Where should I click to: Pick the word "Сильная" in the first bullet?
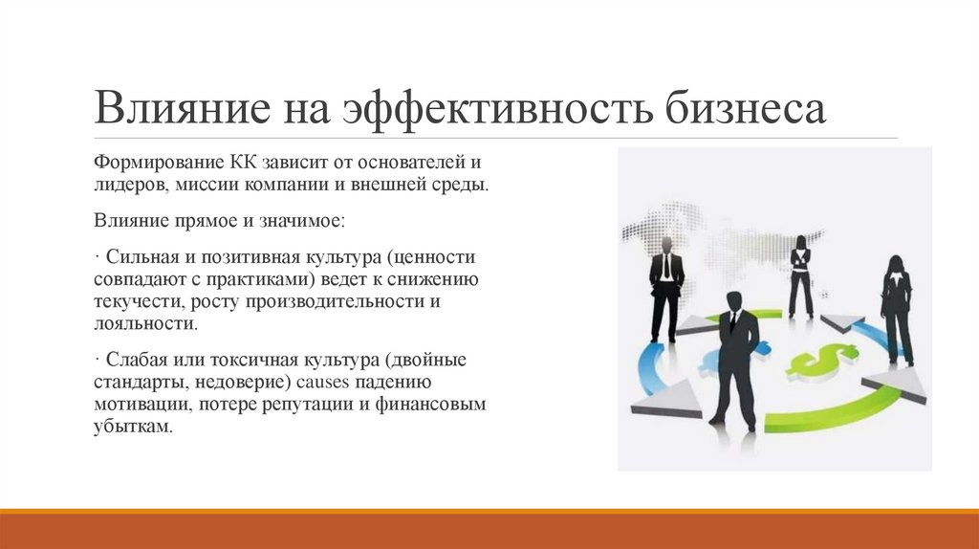[x=138, y=257]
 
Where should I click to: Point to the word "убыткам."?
[x=135, y=427]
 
